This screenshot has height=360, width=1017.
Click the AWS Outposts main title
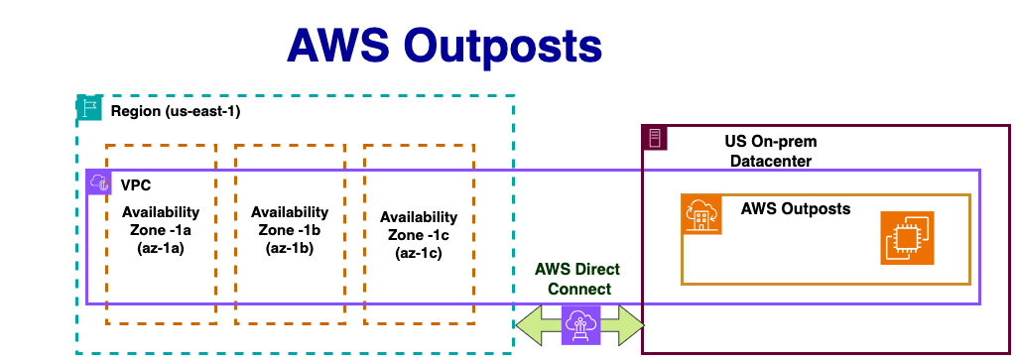tap(445, 47)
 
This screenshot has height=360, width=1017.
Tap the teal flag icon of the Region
tap(89, 107)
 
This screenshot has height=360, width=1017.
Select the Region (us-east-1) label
tap(176, 111)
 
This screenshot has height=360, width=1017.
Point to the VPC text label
tap(136, 185)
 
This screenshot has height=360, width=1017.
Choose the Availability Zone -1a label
tap(161, 221)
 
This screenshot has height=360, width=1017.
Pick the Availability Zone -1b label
tap(290, 220)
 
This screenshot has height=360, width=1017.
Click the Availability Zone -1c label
tap(419, 226)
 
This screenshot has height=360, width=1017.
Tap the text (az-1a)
tap(161, 248)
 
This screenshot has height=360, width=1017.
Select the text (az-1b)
tap(290, 247)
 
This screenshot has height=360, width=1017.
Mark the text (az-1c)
tap(419, 252)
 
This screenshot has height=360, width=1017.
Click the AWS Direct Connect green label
tap(577, 279)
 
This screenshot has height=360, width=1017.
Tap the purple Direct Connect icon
tap(580, 324)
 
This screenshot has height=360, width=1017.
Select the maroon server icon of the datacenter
tap(654, 138)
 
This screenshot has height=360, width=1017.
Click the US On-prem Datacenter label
tap(771, 151)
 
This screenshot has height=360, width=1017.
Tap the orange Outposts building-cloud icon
tap(701, 214)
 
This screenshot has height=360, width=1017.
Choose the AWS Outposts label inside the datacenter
tap(795, 209)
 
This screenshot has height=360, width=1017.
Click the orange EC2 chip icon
tap(907, 237)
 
